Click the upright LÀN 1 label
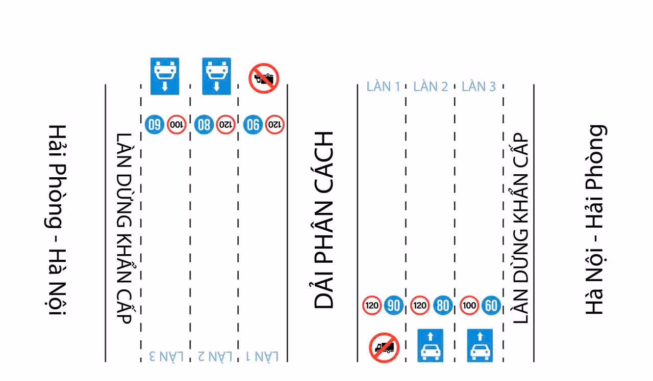tap(383, 87)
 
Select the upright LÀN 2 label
tap(431, 87)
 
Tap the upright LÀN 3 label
tap(479, 87)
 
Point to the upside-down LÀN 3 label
tap(166, 356)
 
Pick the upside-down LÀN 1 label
tap(262, 356)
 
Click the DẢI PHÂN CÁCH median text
tap(323, 220)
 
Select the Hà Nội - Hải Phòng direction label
tap(595, 220)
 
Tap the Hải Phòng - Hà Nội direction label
tap(56, 220)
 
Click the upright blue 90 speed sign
tap(393, 306)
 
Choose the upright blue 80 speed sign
tap(443, 306)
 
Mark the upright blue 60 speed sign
tap(491, 306)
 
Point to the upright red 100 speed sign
tap(469, 306)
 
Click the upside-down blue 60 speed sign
tap(155, 125)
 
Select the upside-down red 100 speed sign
tap(177, 125)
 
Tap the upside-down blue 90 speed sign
tap(253, 125)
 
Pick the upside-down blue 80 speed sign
tap(204, 125)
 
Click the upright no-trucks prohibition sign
tap(384, 347)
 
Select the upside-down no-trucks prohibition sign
tap(264, 78)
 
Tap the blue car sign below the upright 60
tap(480, 345)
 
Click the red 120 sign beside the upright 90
tap(372, 306)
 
